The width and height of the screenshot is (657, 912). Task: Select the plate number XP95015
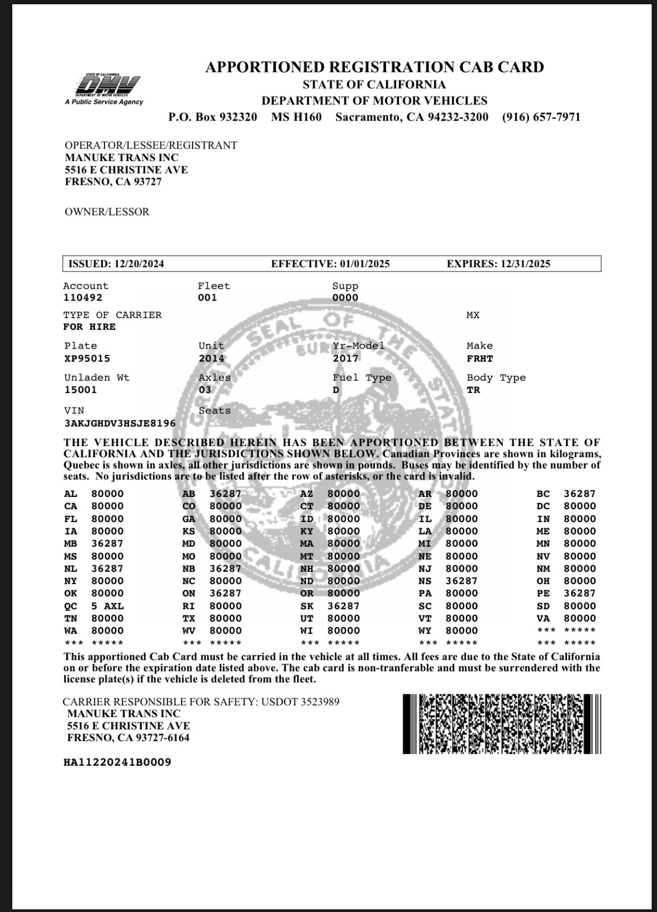pos(87,358)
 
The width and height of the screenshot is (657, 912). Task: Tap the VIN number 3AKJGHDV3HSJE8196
pos(119,424)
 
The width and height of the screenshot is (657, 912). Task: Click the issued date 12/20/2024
pos(139,264)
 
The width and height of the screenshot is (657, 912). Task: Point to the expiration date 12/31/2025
pos(525,264)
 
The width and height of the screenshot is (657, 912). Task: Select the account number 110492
pos(82,298)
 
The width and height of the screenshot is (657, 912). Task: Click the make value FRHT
pos(480,358)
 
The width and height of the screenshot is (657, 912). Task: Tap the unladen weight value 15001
pos(80,390)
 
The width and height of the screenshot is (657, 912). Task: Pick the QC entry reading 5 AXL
pos(107,606)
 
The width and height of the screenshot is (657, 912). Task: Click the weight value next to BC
pos(579,494)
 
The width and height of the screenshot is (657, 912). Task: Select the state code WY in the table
pos(425,631)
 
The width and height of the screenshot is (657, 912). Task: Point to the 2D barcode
pos(502,724)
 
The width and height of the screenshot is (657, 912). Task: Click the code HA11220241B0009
pos(117,762)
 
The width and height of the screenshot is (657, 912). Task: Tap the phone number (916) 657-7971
pos(541,117)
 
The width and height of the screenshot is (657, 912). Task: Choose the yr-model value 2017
pos(345,358)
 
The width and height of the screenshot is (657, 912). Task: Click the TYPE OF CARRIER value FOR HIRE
pos(89,327)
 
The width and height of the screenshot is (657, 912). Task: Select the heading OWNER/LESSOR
pos(107,212)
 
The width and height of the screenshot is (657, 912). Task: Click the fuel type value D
pos(336,390)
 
